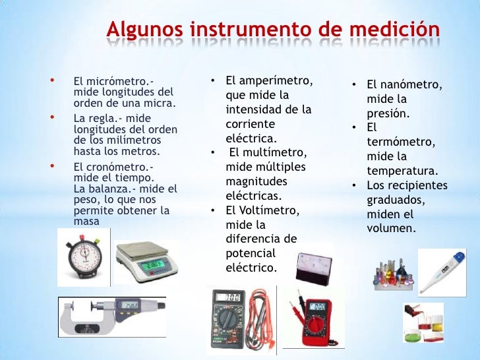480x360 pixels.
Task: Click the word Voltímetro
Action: click(x=270, y=210)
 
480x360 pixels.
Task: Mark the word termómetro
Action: click(x=398, y=142)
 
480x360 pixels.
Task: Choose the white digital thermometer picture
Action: click(x=442, y=267)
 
